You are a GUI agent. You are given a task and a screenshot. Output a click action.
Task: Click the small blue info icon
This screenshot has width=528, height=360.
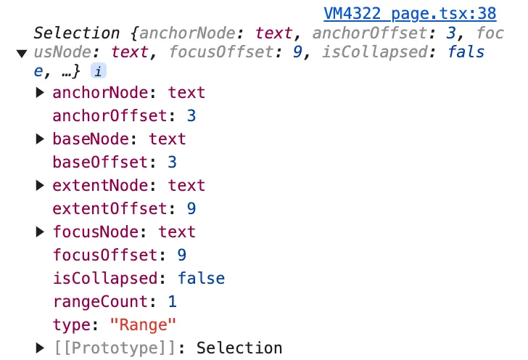click(97, 70)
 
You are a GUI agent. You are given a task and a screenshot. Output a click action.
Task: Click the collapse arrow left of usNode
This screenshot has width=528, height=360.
click(21, 52)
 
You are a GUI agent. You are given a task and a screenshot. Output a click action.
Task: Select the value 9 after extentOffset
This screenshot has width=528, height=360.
click(191, 209)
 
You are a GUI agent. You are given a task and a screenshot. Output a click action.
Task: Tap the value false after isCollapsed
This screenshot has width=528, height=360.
click(201, 279)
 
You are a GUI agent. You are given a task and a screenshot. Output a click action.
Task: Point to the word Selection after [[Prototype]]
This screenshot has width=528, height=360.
click(239, 348)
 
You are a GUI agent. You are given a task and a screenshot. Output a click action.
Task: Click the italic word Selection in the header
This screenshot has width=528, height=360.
click(76, 33)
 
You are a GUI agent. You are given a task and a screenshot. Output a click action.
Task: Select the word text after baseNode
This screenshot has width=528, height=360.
click(168, 139)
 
